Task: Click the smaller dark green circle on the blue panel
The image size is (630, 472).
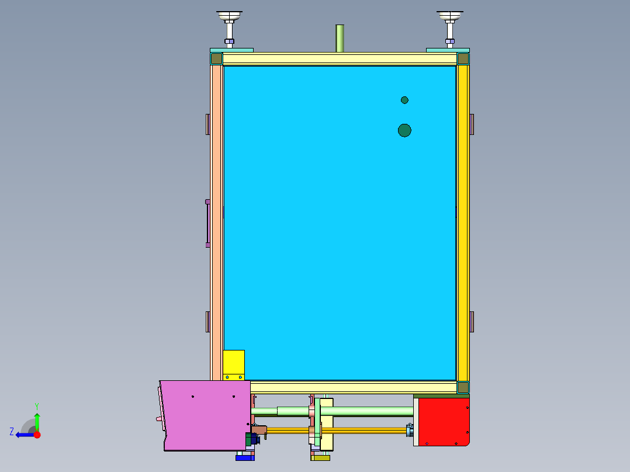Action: [404, 100]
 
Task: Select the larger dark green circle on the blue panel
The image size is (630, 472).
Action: [404, 130]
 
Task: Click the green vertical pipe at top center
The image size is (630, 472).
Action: [340, 39]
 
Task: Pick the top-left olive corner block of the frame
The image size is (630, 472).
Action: [216, 58]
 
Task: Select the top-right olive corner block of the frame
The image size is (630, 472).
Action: [463, 58]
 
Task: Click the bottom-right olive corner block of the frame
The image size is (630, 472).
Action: [463, 387]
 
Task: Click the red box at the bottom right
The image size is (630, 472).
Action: [443, 421]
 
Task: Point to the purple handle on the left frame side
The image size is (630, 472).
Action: [207, 223]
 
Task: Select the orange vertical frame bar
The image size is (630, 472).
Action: [216, 222]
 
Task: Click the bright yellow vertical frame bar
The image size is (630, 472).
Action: [463, 222]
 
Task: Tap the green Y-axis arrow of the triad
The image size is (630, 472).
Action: [37, 419]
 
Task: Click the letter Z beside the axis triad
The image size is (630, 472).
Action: [12, 432]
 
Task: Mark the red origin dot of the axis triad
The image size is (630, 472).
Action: [37, 435]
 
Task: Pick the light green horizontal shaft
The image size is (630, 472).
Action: [362, 411]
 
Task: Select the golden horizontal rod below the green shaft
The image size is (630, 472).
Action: [362, 431]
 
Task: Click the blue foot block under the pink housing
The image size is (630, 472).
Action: [245, 457]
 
